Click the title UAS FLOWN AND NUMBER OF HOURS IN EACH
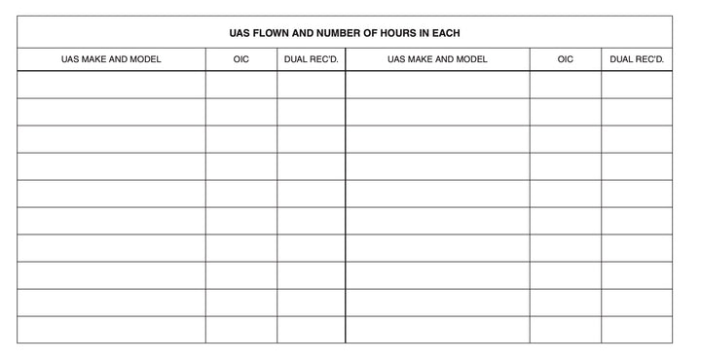345,33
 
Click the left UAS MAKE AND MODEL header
111,59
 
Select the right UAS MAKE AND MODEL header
437,59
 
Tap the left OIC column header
241,59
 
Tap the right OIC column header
566,59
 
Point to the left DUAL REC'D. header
311,59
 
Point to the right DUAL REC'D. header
637,59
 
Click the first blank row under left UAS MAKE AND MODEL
111,85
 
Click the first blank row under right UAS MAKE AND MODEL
437,85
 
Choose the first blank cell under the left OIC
241,85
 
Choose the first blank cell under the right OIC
566,85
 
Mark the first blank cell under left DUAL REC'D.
311,85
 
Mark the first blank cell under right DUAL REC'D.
637,85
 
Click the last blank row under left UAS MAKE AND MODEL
111,330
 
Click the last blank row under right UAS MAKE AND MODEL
437,330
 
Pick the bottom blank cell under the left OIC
241,330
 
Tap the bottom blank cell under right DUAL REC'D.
637,330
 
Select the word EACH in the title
444,33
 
